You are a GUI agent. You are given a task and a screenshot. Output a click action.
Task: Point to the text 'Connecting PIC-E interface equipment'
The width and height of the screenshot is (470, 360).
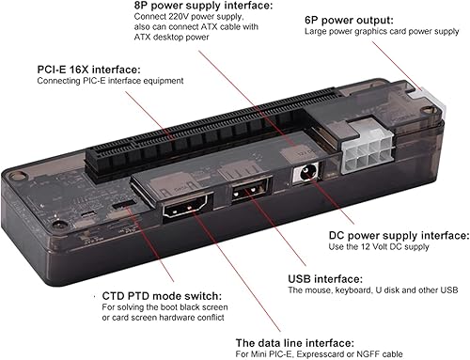pyautogui.click(x=96, y=81)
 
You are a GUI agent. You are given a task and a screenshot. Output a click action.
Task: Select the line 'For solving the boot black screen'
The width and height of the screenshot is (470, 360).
pyautogui.click(x=162, y=308)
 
